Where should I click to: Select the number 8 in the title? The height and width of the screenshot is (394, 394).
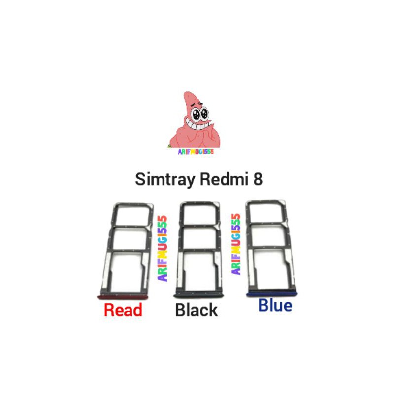click(258, 179)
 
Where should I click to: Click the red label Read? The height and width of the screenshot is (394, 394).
click(123, 310)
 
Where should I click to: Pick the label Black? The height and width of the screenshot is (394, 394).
click(196, 310)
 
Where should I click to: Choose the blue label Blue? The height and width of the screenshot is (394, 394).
click(275, 306)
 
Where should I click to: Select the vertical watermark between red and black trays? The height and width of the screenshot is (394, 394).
click(163, 249)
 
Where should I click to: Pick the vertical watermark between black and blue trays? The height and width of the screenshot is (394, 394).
click(236, 244)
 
